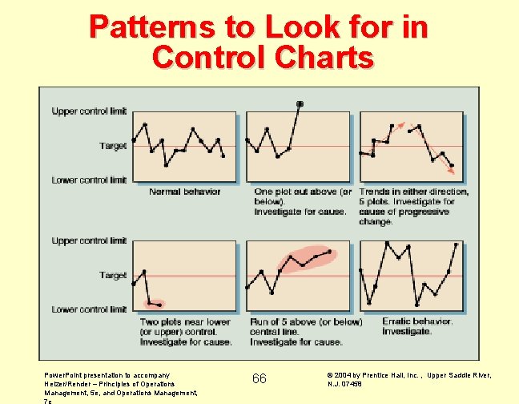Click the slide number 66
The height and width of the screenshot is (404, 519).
click(259, 378)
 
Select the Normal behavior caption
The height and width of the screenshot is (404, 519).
click(184, 192)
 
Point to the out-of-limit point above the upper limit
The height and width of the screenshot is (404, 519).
click(300, 103)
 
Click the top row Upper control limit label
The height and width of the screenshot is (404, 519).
click(89, 111)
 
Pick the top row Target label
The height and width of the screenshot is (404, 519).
click(113, 146)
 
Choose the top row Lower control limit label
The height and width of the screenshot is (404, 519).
click(89, 180)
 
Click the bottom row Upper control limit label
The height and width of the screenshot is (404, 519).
click(89, 240)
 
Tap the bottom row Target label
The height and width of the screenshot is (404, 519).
click(113, 275)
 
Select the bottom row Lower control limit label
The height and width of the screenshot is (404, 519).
click(89, 309)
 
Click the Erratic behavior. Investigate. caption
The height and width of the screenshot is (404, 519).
click(416, 326)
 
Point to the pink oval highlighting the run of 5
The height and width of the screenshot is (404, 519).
click(304, 259)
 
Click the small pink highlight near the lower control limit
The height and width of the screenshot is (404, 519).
click(153, 304)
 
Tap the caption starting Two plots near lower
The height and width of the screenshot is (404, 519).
click(185, 332)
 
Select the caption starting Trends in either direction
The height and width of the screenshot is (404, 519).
click(413, 207)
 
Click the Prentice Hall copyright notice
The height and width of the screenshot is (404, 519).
click(409, 378)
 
